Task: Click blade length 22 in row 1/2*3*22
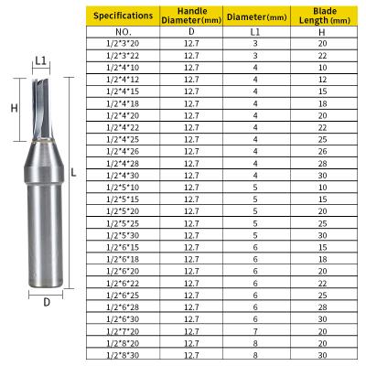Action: (x=321, y=56)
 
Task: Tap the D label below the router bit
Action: (x=46, y=300)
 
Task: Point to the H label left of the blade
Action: (x=14, y=108)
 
